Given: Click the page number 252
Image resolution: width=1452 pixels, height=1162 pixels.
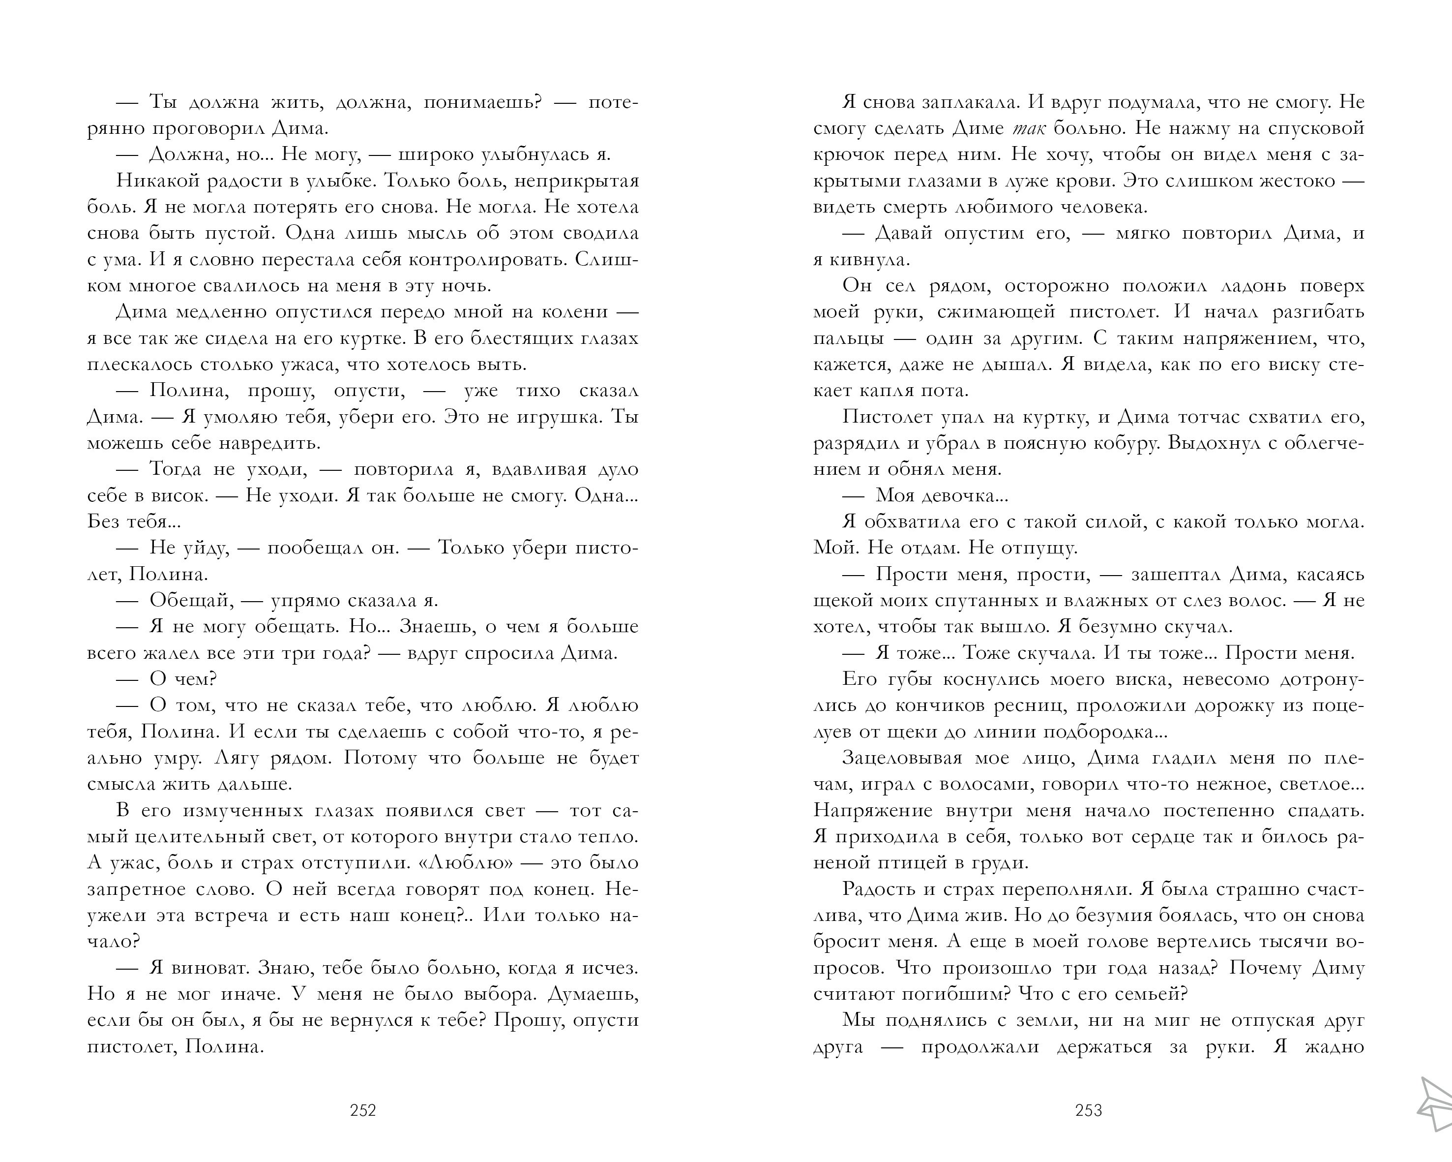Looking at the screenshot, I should point(363,1110).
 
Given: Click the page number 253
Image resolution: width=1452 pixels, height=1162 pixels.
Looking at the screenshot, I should point(1088,1110).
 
